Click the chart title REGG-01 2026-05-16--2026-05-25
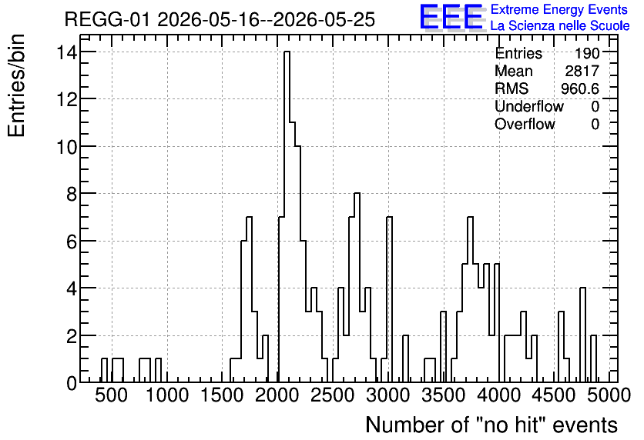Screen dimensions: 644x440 click(x=220, y=19)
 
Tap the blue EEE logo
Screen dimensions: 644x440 click(x=451, y=17)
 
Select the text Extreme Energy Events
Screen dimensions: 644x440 click(x=559, y=9)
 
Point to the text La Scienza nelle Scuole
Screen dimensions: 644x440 click(x=560, y=25)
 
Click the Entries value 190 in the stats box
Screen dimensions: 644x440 click(x=587, y=53)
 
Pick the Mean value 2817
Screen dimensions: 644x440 click(x=582, y=71)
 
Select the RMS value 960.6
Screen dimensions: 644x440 click(x=580, y=88)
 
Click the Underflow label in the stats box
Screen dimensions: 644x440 click(x=529, y=106)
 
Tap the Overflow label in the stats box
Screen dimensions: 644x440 click(x=525, y=124)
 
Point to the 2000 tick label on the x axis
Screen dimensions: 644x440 click(x=277, y=395)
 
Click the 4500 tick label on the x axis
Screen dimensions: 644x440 click(x=554, y=395)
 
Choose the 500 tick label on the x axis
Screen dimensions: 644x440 click(x=111, y=395)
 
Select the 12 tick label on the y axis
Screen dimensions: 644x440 click(x=66, y=98)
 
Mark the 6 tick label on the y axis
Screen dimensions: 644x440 click(x=72, y=241)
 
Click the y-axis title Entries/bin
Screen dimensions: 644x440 click(x=16, y=86)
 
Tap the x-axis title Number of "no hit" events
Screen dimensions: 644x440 click(x=491, y=425)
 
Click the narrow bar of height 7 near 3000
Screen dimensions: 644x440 click(x=389, y=299)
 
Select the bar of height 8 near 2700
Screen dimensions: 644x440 click(x=357, y=288)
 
